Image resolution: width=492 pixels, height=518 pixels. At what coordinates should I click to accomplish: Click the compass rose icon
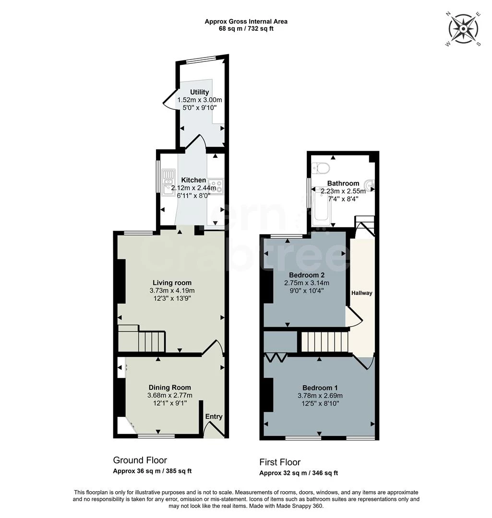point(463,29)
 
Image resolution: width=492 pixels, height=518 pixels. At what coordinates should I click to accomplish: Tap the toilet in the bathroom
point(320,168)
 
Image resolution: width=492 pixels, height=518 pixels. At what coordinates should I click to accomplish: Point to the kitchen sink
point(169,183)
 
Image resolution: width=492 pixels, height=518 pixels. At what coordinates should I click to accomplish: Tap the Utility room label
point(200,92)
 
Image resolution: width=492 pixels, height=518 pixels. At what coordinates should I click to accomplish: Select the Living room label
point(172,283)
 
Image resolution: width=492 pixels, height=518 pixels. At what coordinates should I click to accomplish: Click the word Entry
point(214,416)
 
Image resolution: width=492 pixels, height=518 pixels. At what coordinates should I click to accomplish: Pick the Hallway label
point(362,293)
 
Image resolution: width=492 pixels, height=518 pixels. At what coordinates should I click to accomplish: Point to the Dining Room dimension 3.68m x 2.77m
point(169,395)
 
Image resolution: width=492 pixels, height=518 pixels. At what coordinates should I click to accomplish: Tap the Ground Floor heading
point(140,460)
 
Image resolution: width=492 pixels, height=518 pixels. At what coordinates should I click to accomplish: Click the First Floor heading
point(280,462)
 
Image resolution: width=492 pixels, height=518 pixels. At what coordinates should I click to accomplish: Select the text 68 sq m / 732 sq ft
point(246,29)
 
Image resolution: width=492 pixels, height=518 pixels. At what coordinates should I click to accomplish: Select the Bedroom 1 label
point(320,388)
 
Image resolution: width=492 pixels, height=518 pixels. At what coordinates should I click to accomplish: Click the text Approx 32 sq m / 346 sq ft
point(299,473)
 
